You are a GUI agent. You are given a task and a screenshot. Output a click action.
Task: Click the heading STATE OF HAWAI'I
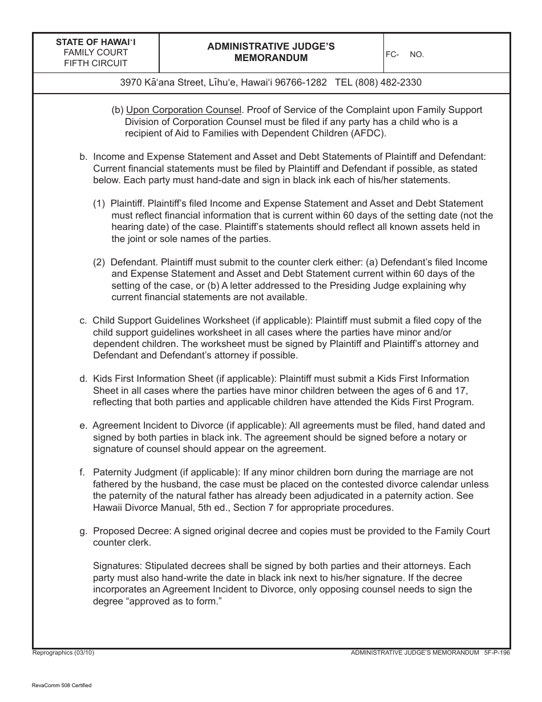click(96, 42)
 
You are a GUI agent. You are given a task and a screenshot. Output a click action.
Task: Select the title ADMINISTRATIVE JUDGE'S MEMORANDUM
click(271, 52)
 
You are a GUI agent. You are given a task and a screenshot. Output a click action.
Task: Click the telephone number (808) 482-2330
click(388, 82)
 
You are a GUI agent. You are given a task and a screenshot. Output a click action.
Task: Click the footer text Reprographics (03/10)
click(63, 652)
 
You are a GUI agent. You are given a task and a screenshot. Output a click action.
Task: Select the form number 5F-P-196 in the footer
click(496, 652)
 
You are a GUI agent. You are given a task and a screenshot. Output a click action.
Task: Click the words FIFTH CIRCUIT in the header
click(96, 63)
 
